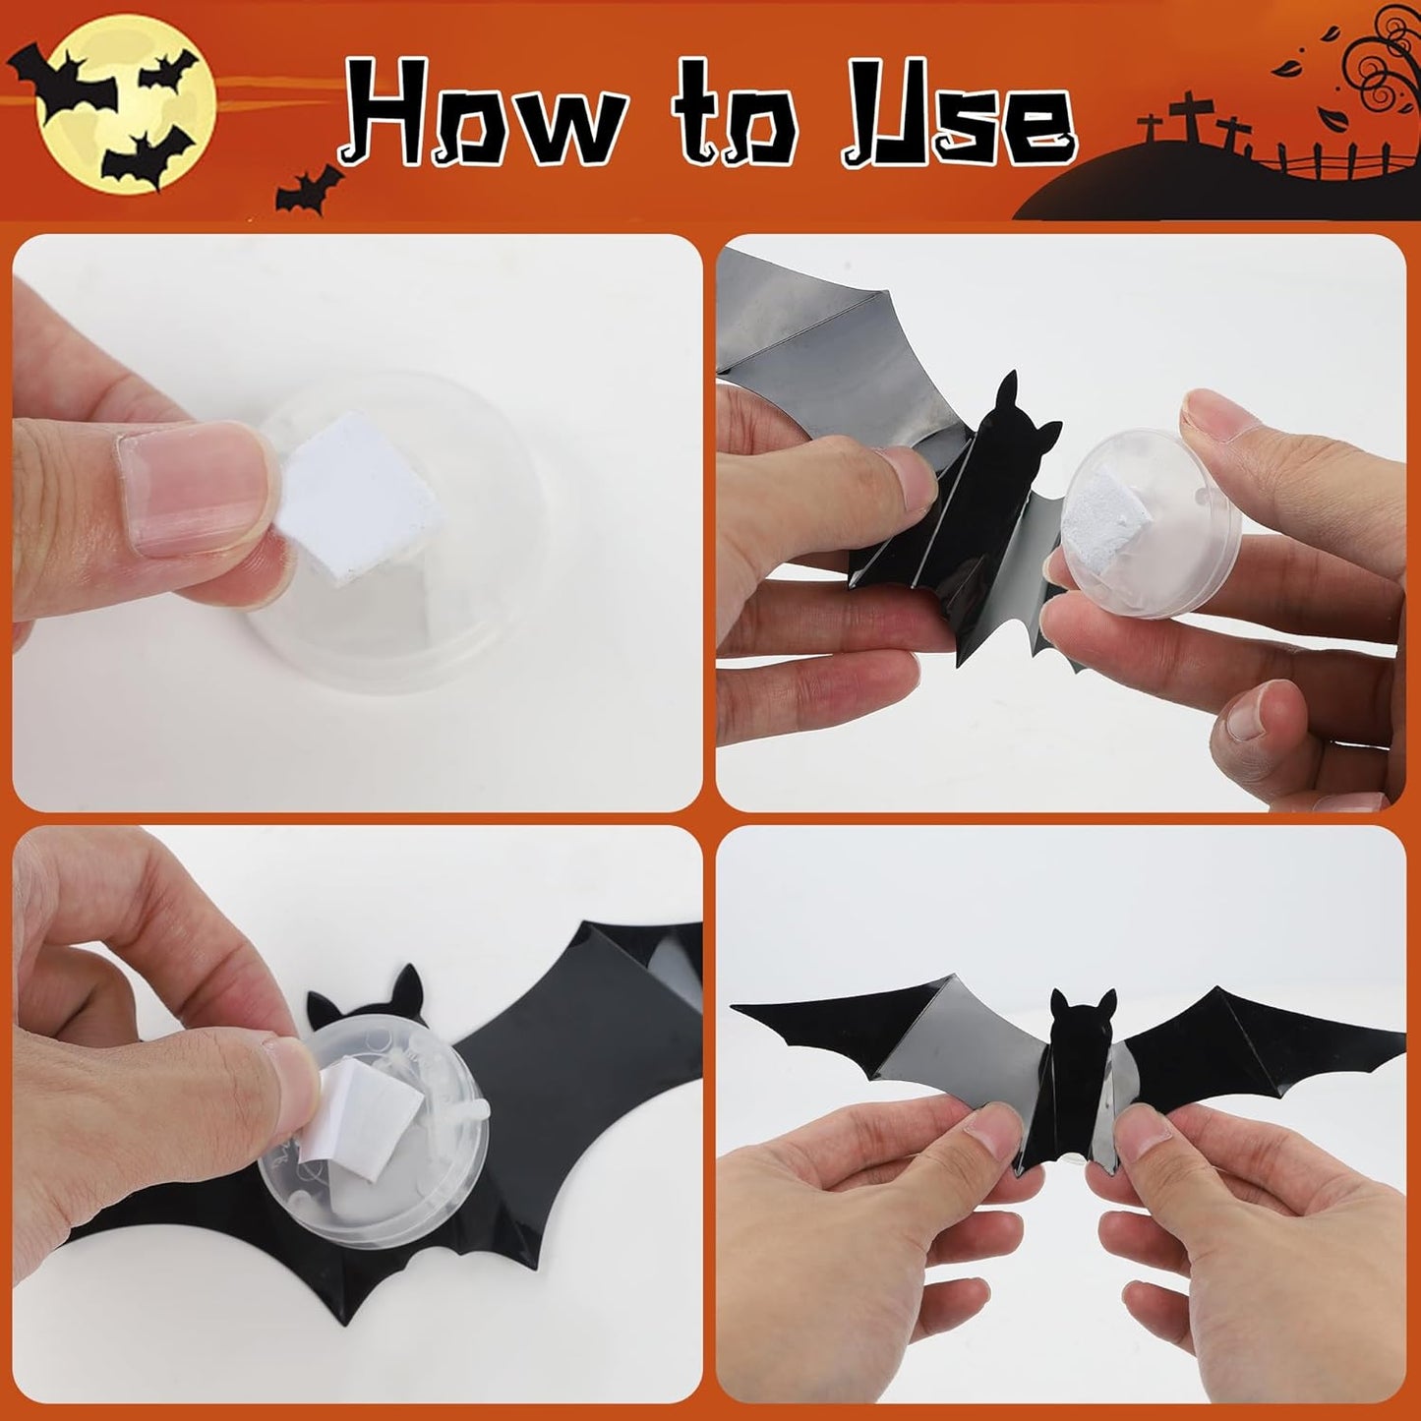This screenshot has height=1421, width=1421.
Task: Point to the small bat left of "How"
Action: (309, 190)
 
